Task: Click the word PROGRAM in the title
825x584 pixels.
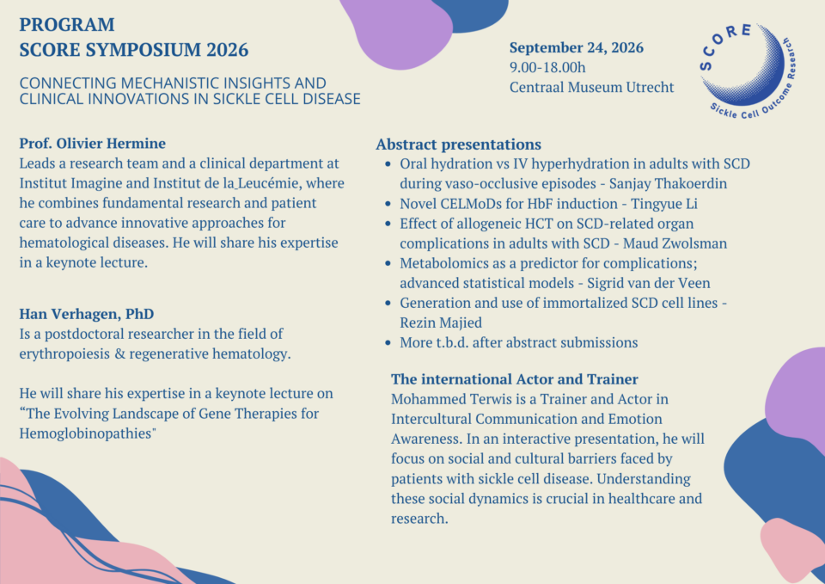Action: [x=67, y=25]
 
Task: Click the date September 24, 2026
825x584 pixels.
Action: [x=576, y=48]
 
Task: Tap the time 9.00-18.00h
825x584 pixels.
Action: [x=547, y=67]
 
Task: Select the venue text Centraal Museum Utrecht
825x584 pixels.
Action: [x=591, y=87]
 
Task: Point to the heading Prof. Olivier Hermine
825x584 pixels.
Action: [x=93, y=144]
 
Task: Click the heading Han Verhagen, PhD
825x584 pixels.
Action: [x=87, y=314]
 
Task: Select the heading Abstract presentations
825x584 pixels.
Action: [x=458, y=144]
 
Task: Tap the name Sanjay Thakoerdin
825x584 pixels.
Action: [x=668, y=184]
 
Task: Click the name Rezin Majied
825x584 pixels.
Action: [x=441, y=323]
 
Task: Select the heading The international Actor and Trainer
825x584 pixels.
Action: [x=514, y=379]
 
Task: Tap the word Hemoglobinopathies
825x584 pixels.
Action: [x=86, y=433]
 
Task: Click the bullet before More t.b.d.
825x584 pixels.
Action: [x=388, y=343]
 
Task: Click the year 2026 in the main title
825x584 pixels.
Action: [x=227, y=50]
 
